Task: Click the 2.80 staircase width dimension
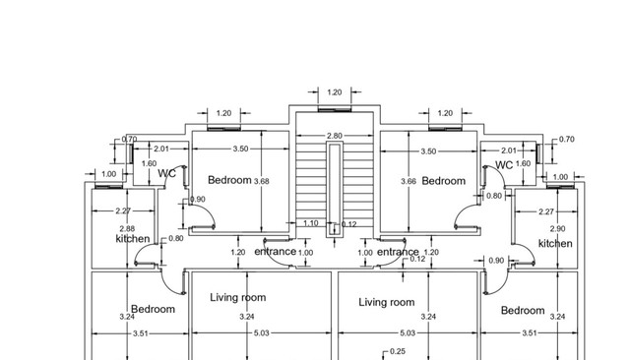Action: point(335,136)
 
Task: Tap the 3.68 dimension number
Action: point(262,181)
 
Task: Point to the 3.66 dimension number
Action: point(409,181)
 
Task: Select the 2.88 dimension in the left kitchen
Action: point(127,229)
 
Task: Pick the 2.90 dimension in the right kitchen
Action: point(558,229)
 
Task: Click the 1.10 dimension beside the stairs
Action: point(311,223)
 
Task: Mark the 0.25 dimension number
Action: point(398,351)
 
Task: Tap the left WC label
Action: point(166,173)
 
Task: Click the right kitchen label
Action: point(555,244)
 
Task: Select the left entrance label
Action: point(276,252)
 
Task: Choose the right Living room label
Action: point(387,302)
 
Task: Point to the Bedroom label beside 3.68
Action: point(229,180)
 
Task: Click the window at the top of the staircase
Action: point(335,109)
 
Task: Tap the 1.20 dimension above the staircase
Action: point(335,92)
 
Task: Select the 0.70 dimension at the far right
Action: point(567,140)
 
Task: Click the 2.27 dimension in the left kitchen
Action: point(123,210)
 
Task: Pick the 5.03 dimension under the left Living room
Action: point(261,333)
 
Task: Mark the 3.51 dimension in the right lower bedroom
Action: point(529,333)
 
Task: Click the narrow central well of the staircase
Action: point(335,190)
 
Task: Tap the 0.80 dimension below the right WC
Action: point(494,196)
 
